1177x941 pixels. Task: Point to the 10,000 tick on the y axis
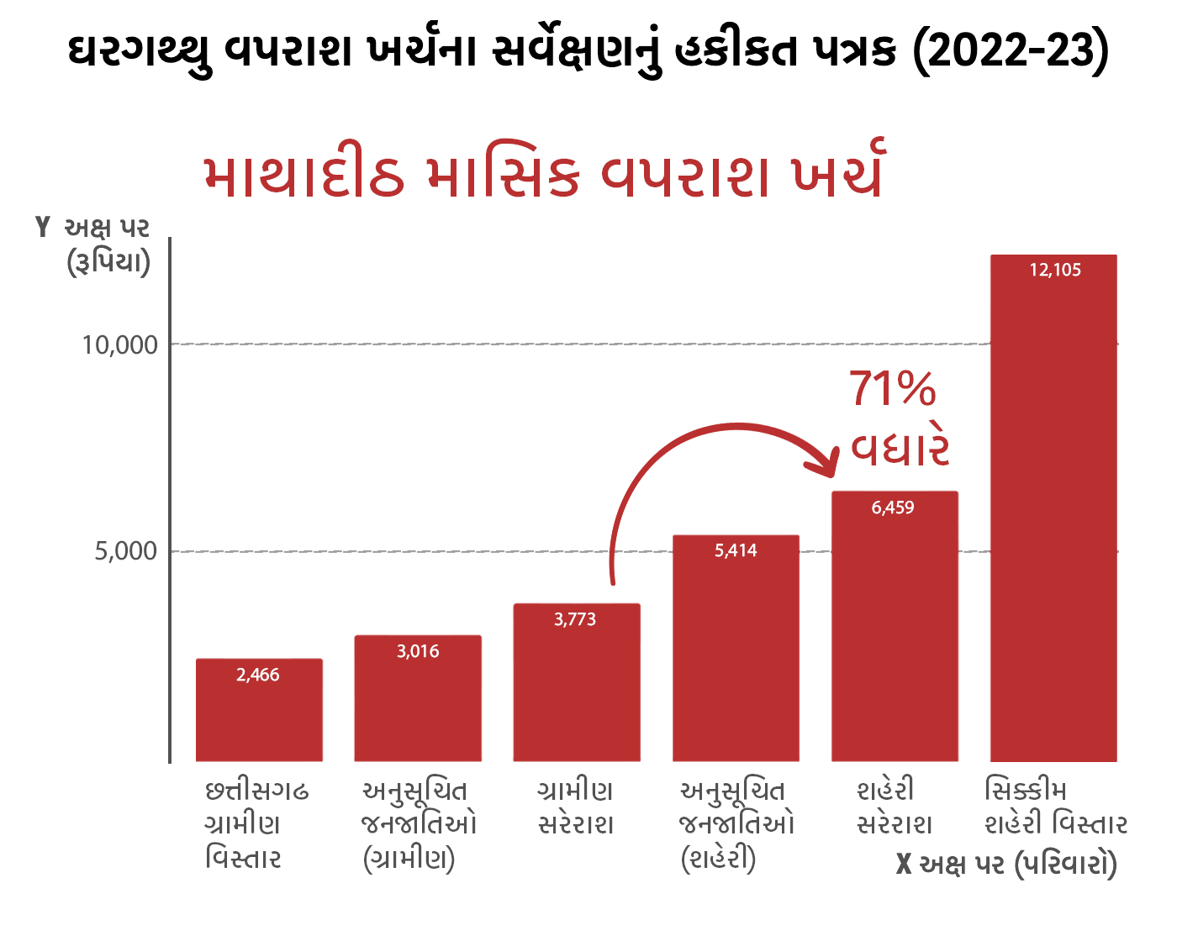120,344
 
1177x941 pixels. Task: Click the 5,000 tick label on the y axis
126,552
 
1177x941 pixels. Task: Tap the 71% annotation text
893,389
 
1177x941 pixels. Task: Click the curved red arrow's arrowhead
829,463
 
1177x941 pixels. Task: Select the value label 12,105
1055,271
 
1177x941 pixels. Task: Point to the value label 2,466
258,676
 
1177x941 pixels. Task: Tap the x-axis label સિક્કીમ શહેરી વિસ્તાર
1055,807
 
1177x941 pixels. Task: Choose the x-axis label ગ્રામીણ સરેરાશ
576,807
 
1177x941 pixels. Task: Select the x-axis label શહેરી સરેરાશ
894,807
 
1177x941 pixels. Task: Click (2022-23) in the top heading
1011,52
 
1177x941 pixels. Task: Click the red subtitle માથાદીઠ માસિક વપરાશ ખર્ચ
543,174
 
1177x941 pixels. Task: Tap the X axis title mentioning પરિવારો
1007,865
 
